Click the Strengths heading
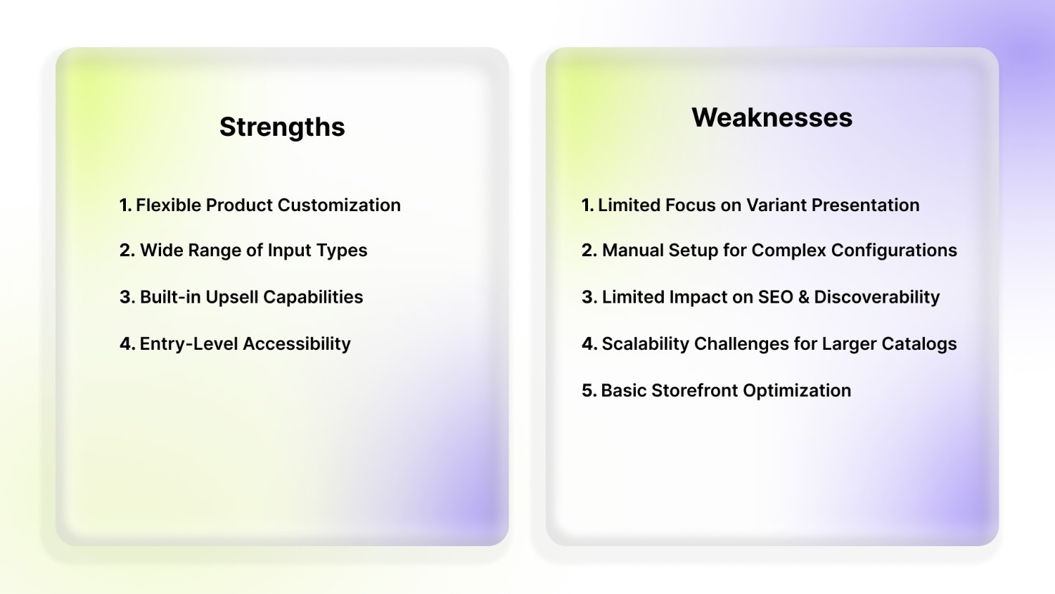coord(282,127)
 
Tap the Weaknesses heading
coord(772,118)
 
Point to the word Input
coord(290,251)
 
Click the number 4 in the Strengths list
coord(126,343)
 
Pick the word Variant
coord(776,205)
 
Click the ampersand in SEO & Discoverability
coord(803,297)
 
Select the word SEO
coord(776,297)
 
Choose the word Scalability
coord(645,343)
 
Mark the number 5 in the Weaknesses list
coord(587,391)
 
